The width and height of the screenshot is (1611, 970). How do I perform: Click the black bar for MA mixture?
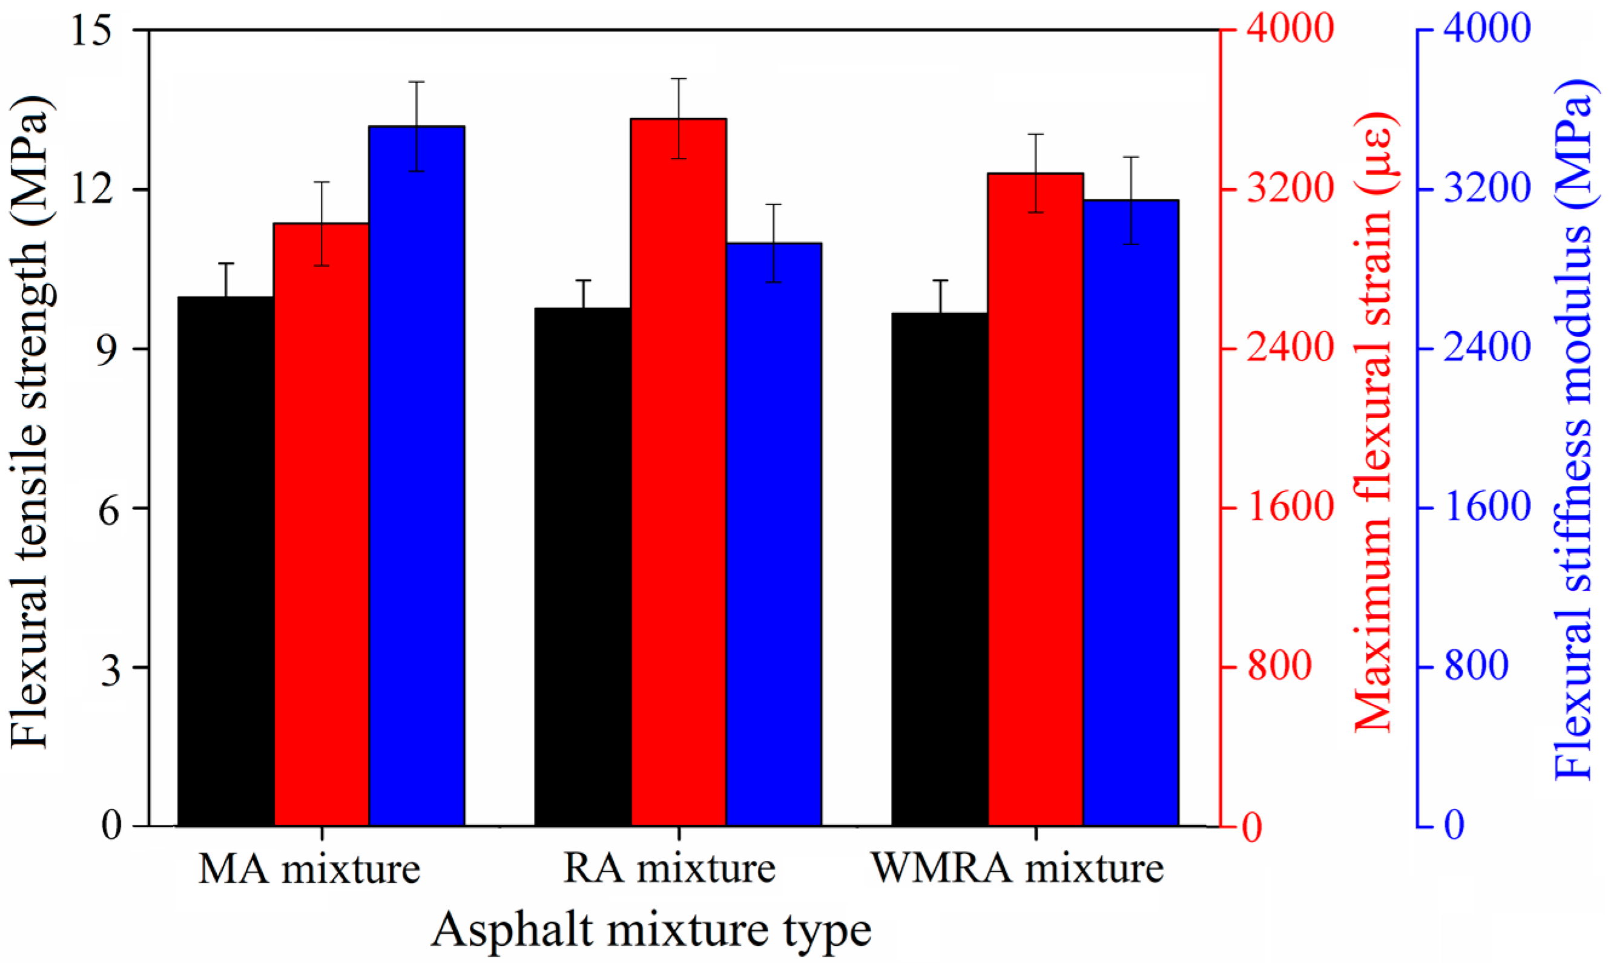tap(226, 562)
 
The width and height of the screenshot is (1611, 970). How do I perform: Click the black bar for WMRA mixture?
tap(940, 569)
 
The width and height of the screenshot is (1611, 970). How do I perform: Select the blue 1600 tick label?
tap(1487, 507)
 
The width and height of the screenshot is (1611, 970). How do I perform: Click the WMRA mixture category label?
tap(1018, 870)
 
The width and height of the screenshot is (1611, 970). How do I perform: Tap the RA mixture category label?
tap(670, 870)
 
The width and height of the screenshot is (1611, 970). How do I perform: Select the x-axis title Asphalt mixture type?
tap(651, 929)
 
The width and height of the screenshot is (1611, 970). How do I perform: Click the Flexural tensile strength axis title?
tap(31, 422)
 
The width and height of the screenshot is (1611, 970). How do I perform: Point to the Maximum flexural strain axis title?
tap(1373, 422)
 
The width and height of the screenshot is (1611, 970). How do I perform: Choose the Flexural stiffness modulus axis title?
tap(1572, 438)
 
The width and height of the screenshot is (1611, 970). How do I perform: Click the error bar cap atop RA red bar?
tap(679, 79)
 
